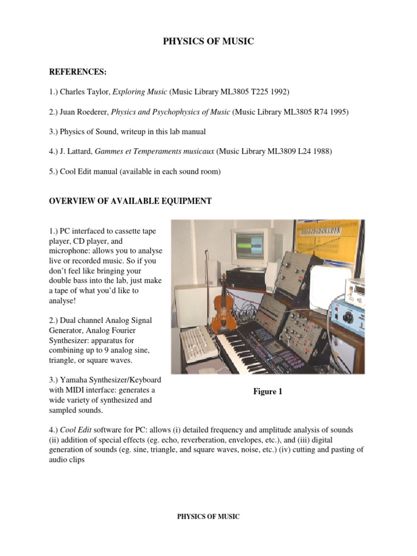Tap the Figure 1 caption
[x=268, y=391]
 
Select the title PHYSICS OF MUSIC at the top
[x=208, y=41]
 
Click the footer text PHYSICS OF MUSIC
[x=208, y=516]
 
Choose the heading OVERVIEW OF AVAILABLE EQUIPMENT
[x=130, y=201]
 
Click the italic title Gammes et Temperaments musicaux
[x=155, y=152]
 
